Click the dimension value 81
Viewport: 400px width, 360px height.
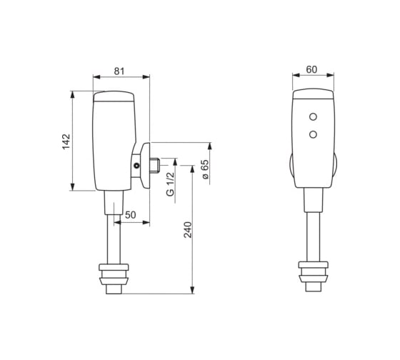point(119,71)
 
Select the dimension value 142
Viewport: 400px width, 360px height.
point(66,141)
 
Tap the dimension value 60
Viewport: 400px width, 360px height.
point(311,69)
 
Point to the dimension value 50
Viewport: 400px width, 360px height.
point(130,215)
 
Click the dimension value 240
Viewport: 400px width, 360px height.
point(188,230)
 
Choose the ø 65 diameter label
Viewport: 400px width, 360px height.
point(205,169)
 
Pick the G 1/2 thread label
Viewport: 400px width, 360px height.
point(171,184)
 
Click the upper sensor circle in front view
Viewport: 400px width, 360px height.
point(313,117)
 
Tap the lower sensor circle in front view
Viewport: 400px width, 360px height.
point(313,134)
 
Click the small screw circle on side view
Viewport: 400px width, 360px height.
point(136,166)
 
